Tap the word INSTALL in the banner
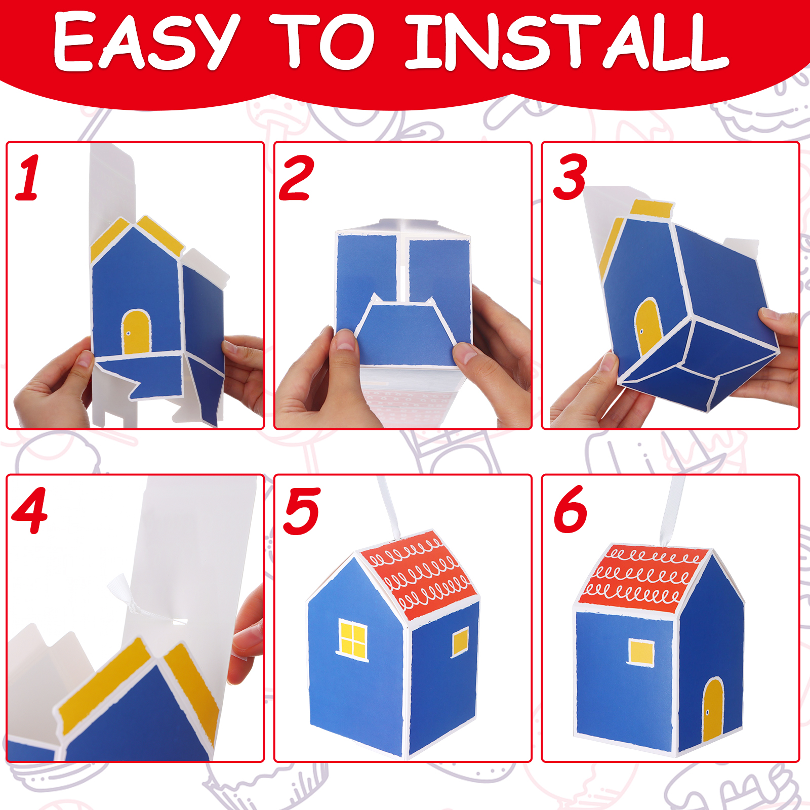tap(567, 42)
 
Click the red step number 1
tap(28, 178)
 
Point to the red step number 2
tap(297, 178)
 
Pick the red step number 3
tap(570, 177)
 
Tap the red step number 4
tap(29, 510)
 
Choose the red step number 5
tap(302, 511)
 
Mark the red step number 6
tap(571, 509)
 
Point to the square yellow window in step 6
tap(641, 652)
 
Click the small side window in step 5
tap(460, 642)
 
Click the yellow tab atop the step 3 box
tap(652, 208)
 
